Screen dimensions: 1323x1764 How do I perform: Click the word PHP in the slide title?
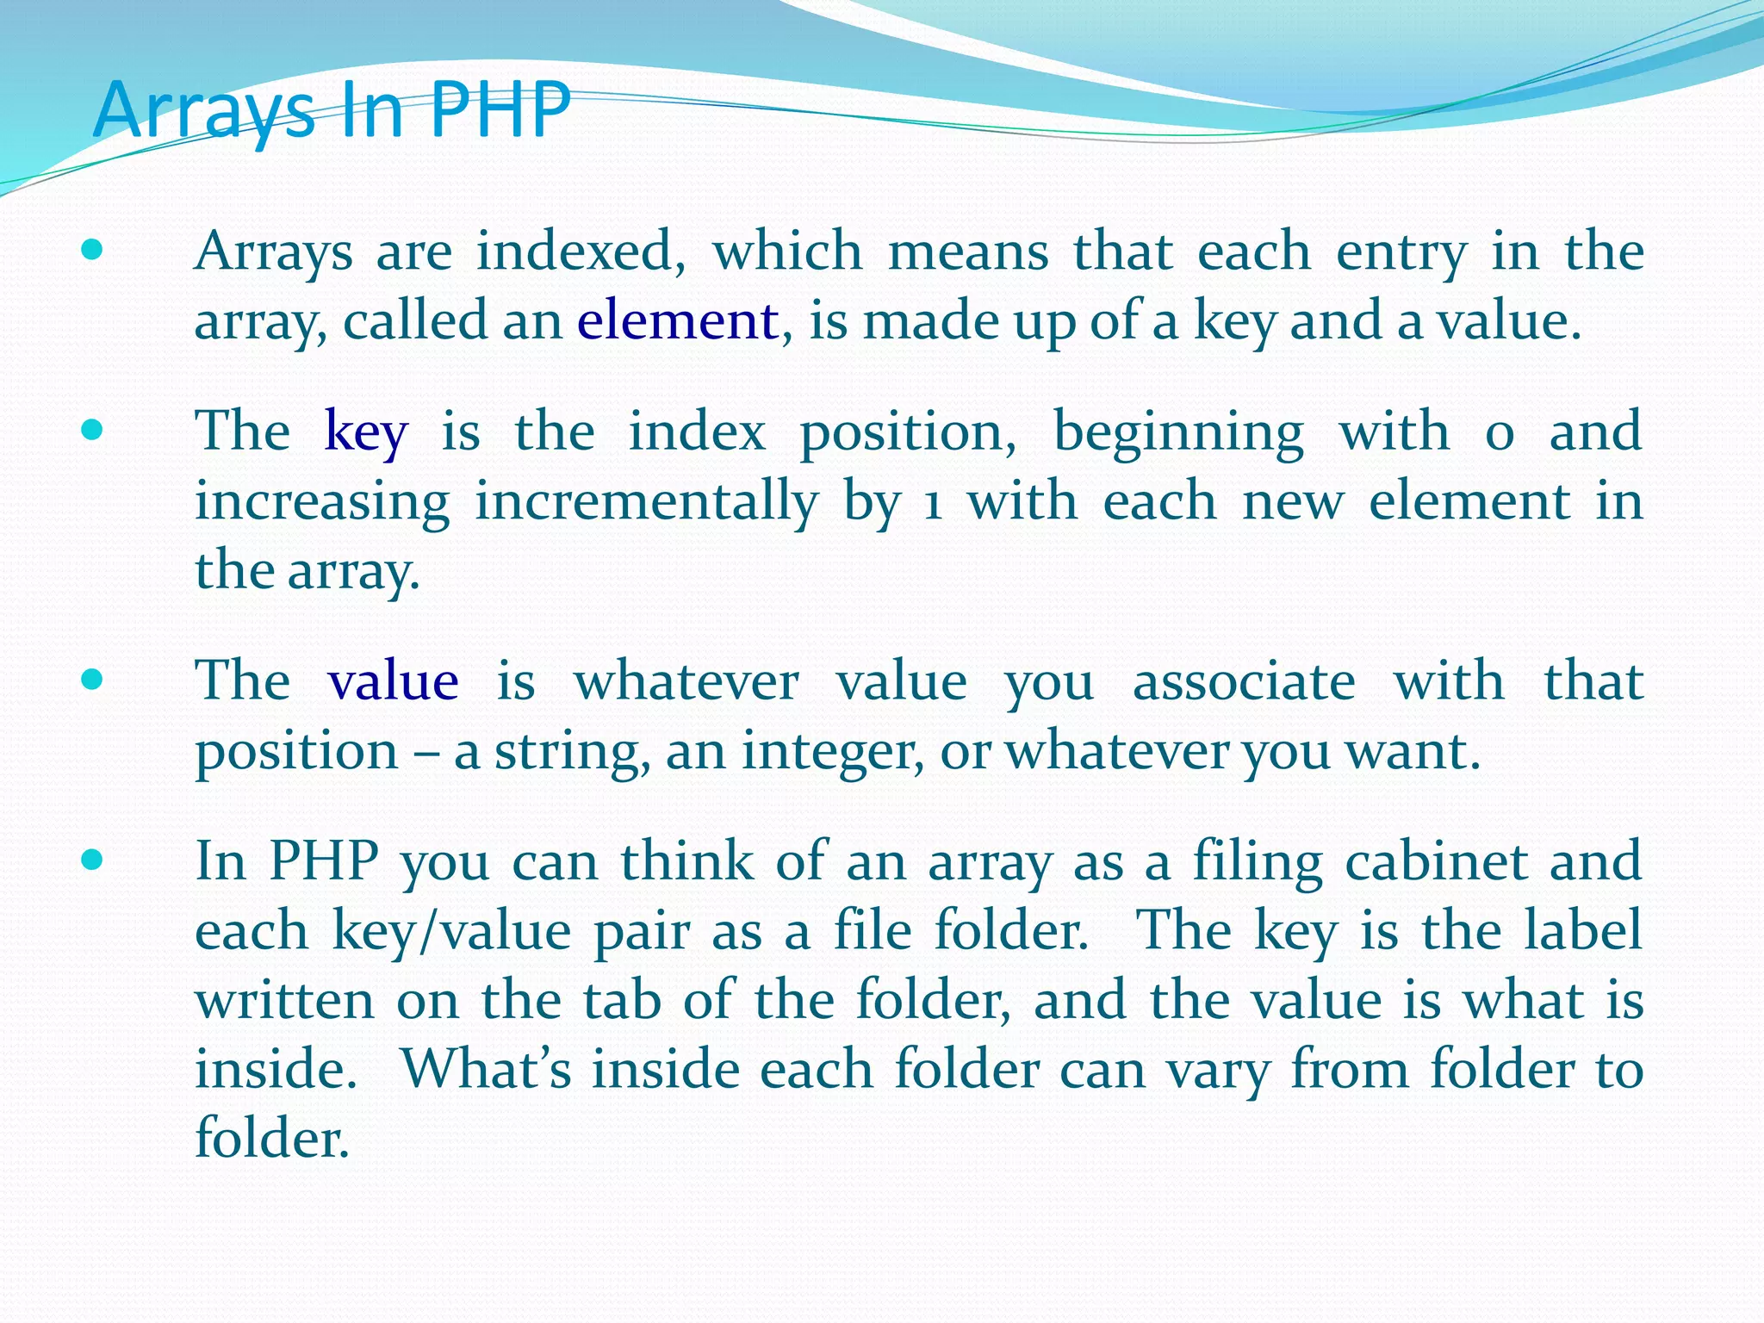click(500, 109)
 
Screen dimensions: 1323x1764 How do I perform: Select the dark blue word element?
click(678, 320)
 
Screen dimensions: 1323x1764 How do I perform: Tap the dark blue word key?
click(365, 432)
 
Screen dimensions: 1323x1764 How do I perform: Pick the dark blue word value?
click(393, 681)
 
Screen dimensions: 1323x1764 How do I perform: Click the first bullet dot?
click(91, 251)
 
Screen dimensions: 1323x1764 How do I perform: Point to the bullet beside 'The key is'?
click(91, 430)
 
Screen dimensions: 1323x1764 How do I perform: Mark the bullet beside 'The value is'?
click(91, 680)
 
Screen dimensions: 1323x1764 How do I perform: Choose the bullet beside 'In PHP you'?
click(91, 860)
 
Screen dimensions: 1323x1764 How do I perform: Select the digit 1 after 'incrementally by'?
click(932, 504)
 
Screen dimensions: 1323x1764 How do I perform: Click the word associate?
click(1243, 681)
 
